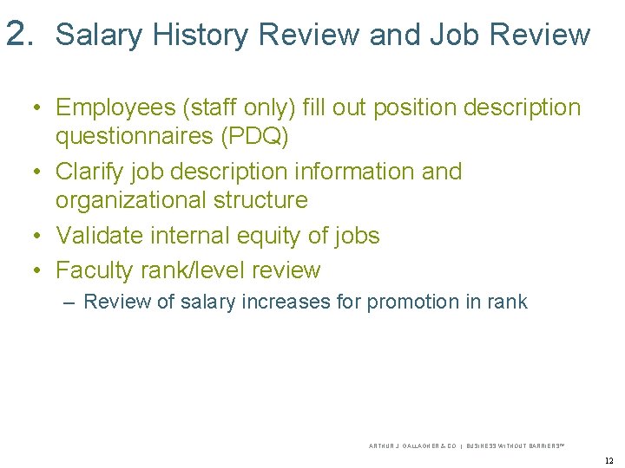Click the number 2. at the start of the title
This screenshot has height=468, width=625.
(x=19, y=34)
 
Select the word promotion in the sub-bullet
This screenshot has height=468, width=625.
(x=409, y=302)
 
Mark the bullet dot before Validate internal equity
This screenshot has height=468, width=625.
(x=36, y=236)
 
